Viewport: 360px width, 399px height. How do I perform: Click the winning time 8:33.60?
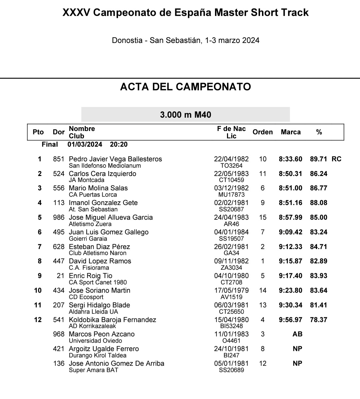290,159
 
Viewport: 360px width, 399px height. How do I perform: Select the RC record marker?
336,159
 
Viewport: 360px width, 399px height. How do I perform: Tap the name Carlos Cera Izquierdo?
102,174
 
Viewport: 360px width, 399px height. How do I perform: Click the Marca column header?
291,132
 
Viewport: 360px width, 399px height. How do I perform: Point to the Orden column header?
263,132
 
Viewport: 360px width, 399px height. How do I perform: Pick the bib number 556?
59,188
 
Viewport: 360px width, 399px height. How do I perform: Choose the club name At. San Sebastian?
93,209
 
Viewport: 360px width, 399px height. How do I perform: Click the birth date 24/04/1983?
231,217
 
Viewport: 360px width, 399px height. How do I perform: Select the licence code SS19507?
231,239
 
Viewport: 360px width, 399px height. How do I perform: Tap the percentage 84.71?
319,247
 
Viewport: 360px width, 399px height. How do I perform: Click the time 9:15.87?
290,261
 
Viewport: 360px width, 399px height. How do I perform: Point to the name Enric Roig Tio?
90,276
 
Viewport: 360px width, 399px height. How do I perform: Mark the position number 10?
38,290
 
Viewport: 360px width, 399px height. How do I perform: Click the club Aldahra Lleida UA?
93,312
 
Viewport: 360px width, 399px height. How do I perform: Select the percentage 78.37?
319,320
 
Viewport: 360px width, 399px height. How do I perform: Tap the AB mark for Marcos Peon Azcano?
297,334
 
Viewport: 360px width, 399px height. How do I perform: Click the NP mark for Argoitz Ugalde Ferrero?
297,349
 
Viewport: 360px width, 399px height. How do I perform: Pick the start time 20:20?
119,144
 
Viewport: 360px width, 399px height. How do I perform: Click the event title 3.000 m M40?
186,115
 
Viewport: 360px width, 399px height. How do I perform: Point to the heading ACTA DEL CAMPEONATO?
185,87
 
